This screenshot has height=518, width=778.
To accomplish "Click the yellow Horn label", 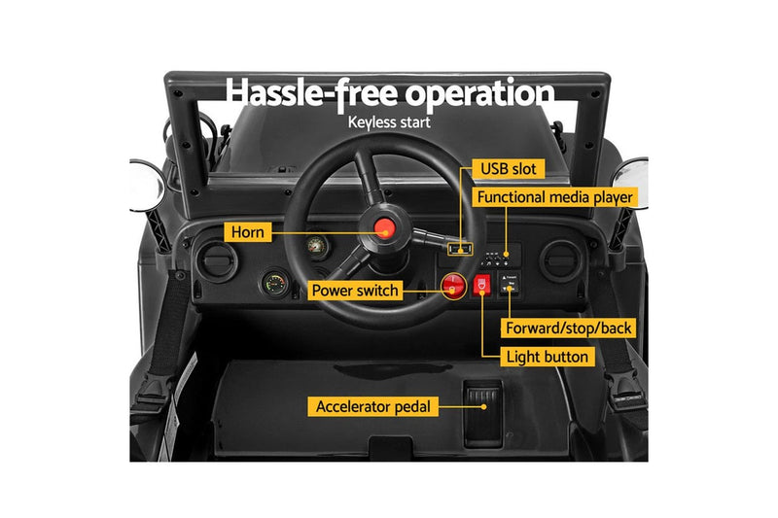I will pyautogui.click(x=248, y=232).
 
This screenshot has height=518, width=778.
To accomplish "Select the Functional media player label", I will pyautogui.click(x=554, y=198).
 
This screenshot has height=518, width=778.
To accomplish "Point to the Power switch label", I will pyautogui.click(x=355, y=290).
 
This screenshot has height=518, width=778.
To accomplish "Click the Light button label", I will pyautogui.click(x=548, y=357).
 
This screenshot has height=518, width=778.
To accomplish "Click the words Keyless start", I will pyautogui.click(x=389, y=123).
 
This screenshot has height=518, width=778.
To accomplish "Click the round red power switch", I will pyautogui.click(x=453, y=286).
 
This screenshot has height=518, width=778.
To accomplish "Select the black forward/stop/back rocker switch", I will pyautogui.click(x=509, y=283).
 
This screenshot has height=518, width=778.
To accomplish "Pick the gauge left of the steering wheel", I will pyautogui.click(x=273, y=286).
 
